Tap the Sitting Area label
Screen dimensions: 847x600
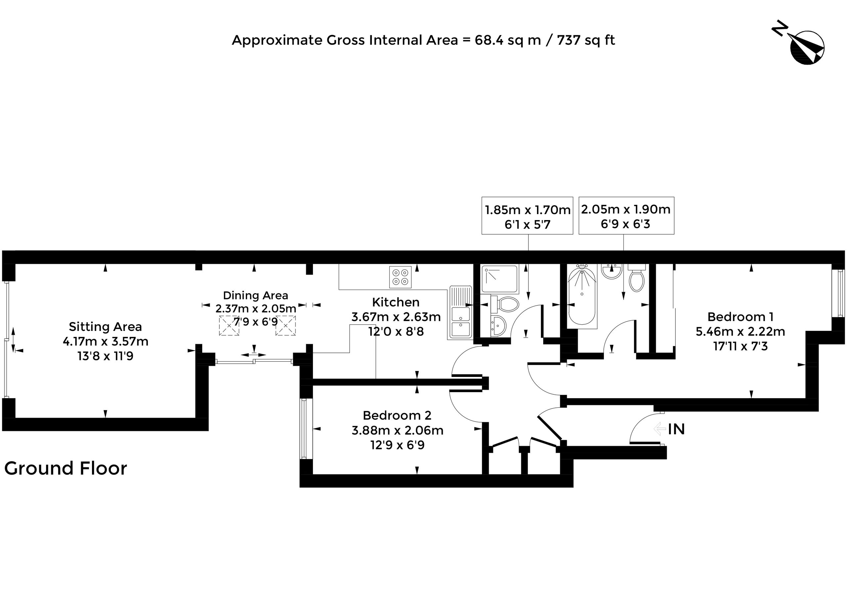pos(105,327)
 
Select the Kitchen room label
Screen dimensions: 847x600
pos(396,302)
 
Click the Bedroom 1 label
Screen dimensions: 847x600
pos(740,317)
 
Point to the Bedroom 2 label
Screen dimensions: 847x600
pos(397,415)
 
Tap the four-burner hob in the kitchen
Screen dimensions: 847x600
pos(400,277)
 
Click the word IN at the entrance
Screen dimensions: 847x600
pos(676,429)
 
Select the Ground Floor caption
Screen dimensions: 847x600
pos(66,468)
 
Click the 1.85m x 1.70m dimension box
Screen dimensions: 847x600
pos(527,216)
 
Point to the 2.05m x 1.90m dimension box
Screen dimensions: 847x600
pos(626,215)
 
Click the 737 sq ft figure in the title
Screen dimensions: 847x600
pos(586,40)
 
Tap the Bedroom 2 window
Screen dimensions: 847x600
pos(304,429)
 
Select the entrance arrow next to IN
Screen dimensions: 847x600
pos(660,429)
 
